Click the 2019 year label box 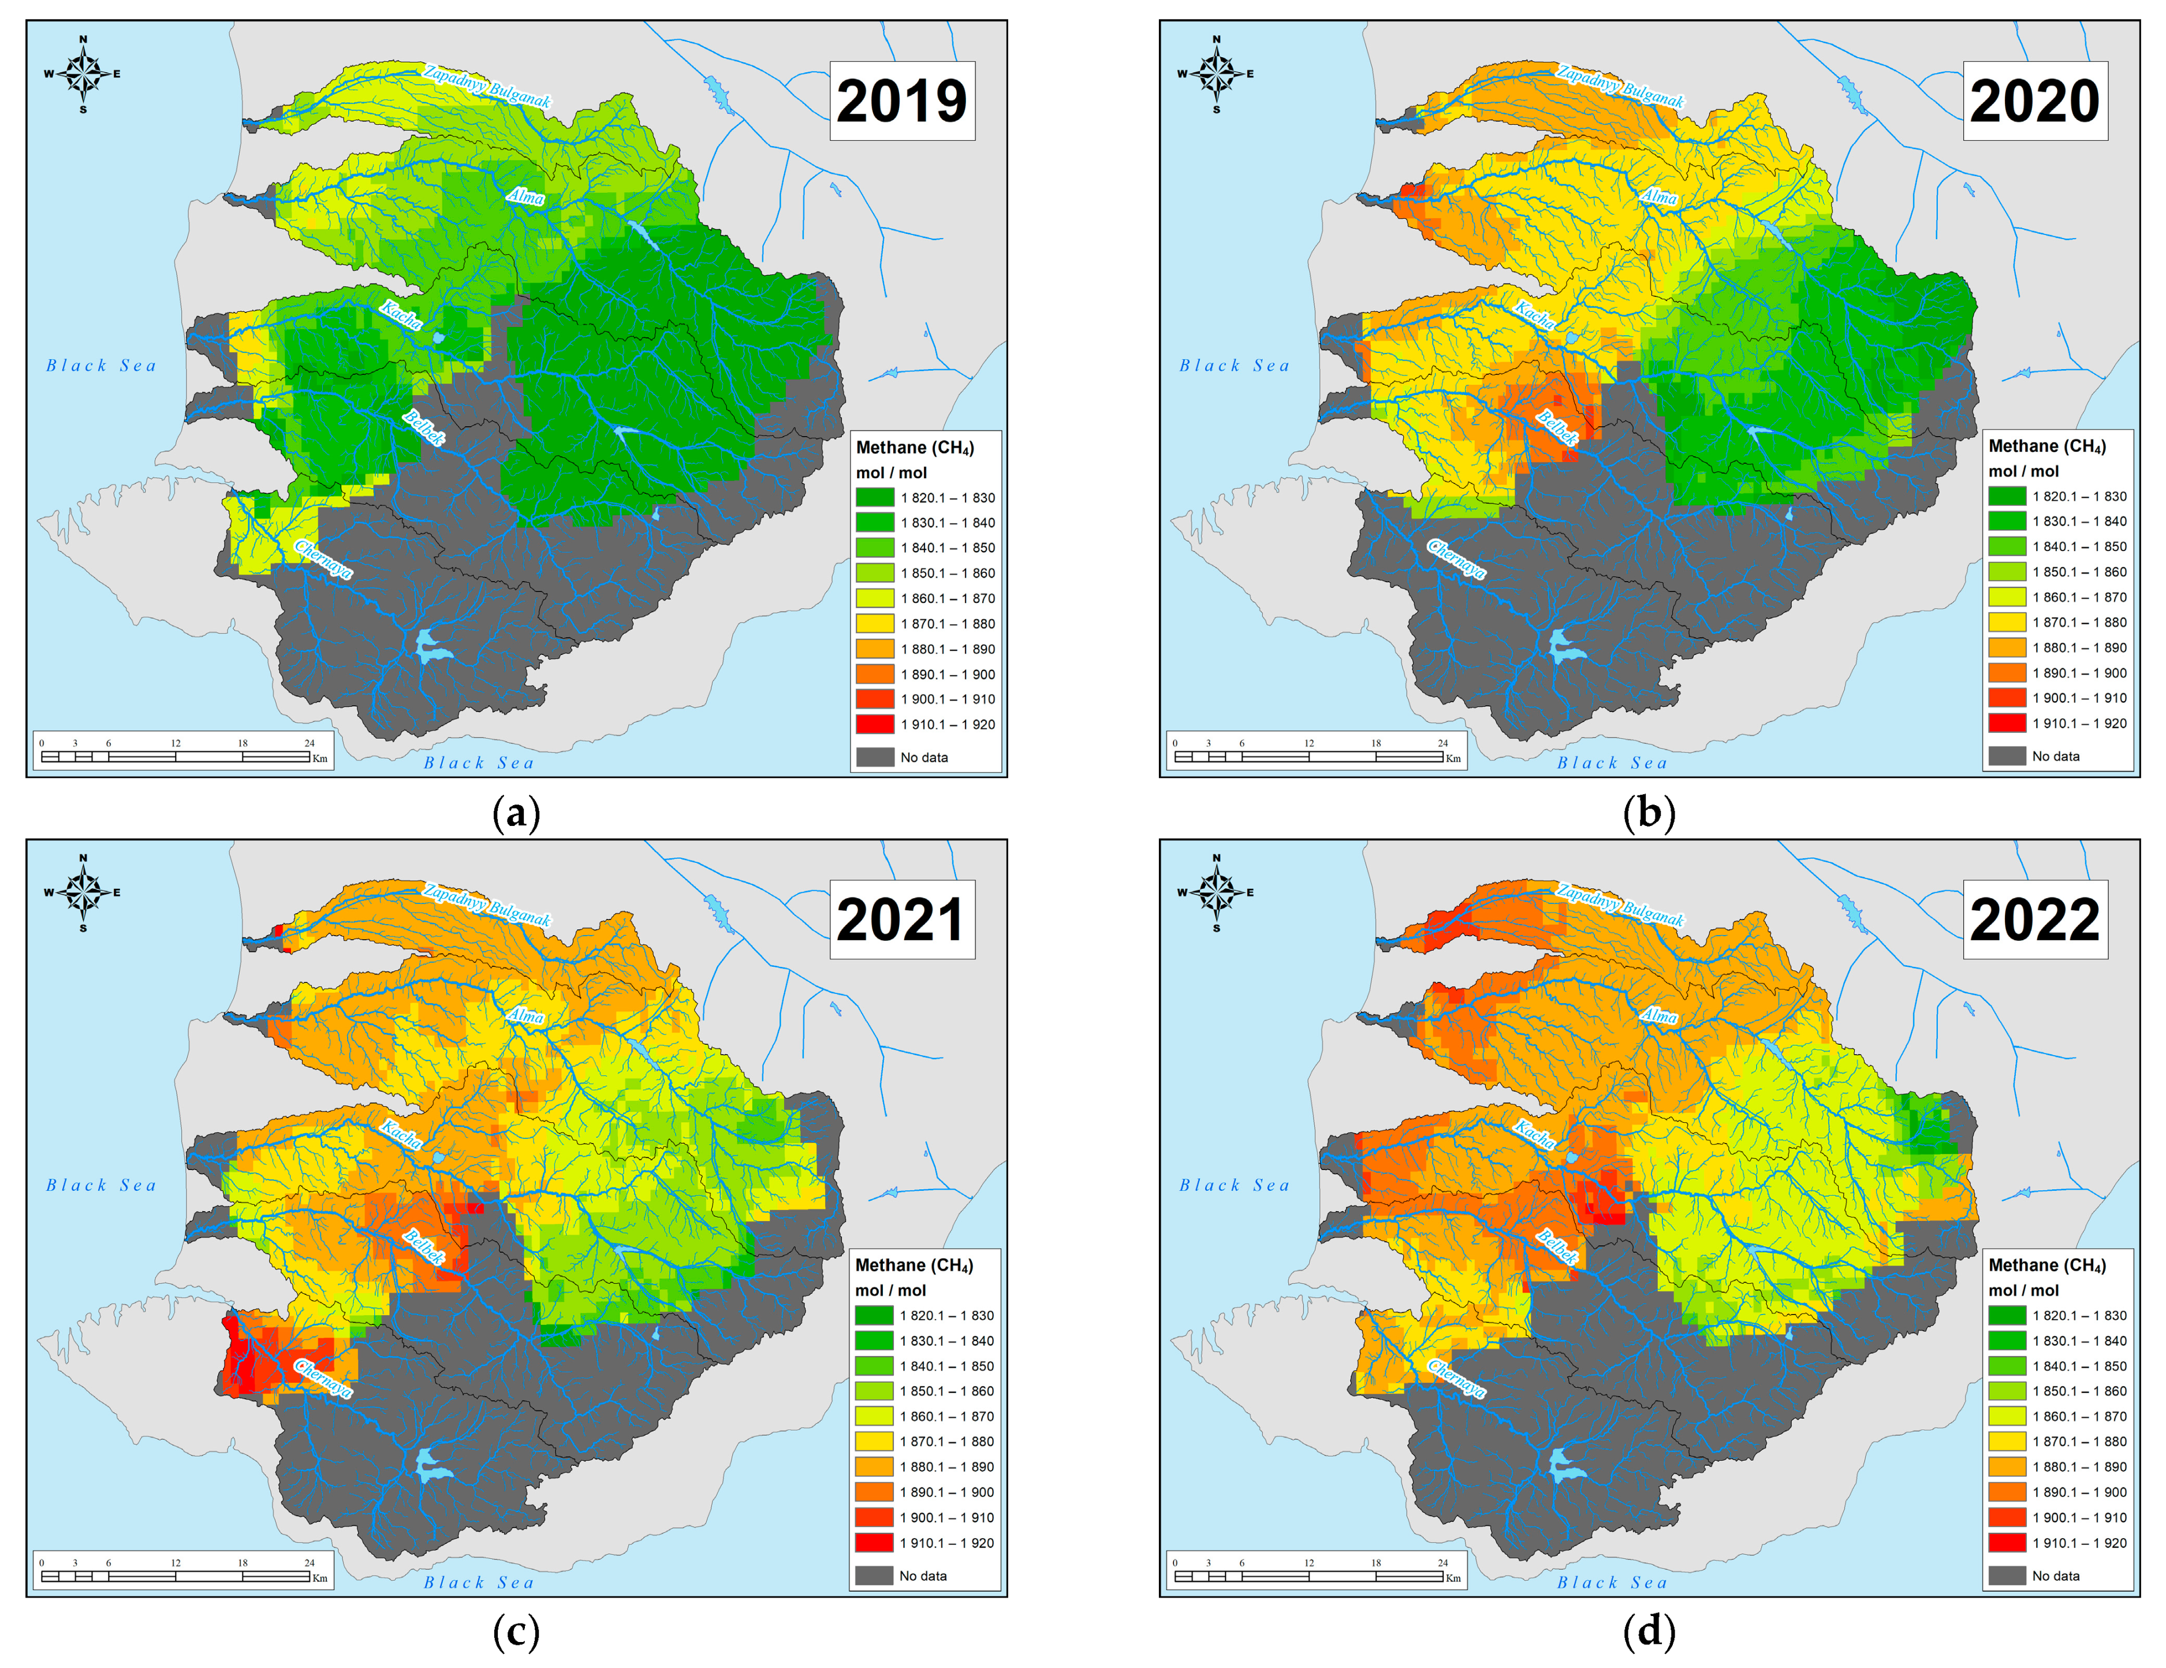pos(901,101)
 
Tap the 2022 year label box pos(2034,919)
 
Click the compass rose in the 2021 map pos(83,892)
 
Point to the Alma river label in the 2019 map pos(525,196)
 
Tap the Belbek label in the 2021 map pos(423,1246)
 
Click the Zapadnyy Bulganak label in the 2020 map pos(1620,86)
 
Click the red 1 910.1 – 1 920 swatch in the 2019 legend pos(875,724)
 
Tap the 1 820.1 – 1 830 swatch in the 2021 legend pos(874,1315)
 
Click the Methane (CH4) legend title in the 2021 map pos(914,1265)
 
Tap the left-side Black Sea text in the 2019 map pos(101,366)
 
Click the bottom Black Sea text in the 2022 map pos(1613,1583)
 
